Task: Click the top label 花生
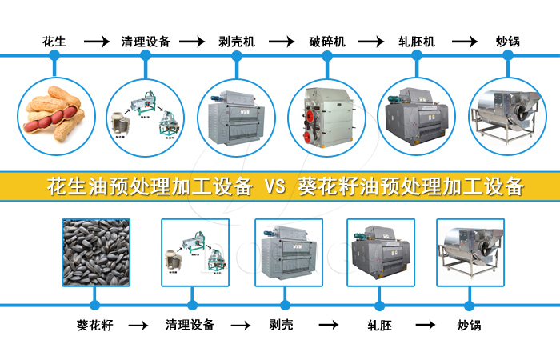click(x=54, y=41)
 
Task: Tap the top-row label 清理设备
click(x=146, y=41)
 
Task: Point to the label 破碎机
click(x=327, y=41)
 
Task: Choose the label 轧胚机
click(x=417, y=41)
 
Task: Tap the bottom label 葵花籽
click(x=94, y=326)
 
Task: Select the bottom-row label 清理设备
click(x=190, y=326)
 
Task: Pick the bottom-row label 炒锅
click(x=470, y=326)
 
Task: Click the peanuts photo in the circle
click(x=54, y=114)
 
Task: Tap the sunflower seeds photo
click(x=95, y=252)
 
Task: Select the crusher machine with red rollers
click(x=327, y=115)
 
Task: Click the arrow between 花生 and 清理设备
click(x=97, y=41)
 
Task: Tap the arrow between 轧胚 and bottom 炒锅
click(x=425, y=326)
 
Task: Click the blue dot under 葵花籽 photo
click(x=95, y=304)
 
